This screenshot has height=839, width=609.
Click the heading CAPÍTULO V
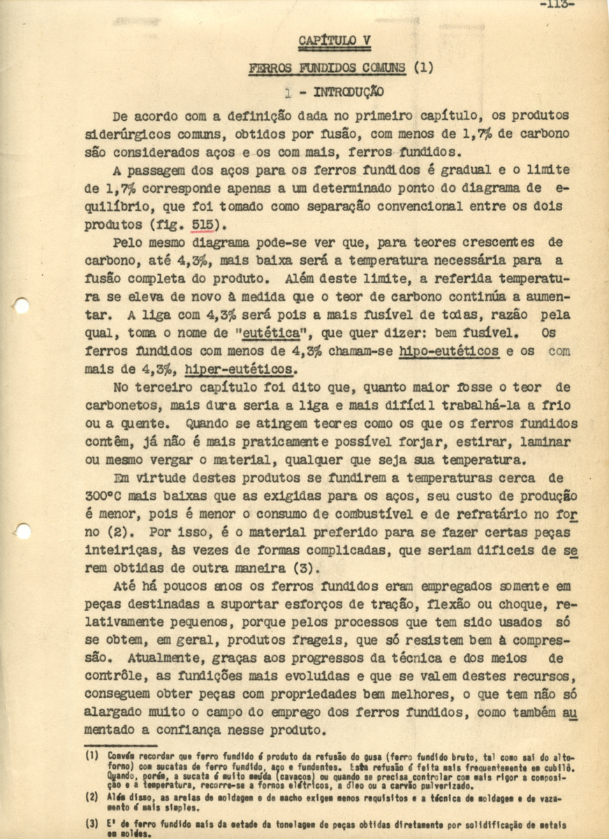click(335, 41)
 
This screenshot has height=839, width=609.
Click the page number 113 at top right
click(557, 4)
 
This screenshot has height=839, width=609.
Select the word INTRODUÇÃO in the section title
click(348, 92)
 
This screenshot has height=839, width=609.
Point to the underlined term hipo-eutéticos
click(449, 352)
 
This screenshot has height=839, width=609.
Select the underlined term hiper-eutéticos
click(240, 369)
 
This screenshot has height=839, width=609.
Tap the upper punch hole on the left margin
click(22, 305)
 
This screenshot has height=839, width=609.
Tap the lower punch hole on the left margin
click(22, 531)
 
